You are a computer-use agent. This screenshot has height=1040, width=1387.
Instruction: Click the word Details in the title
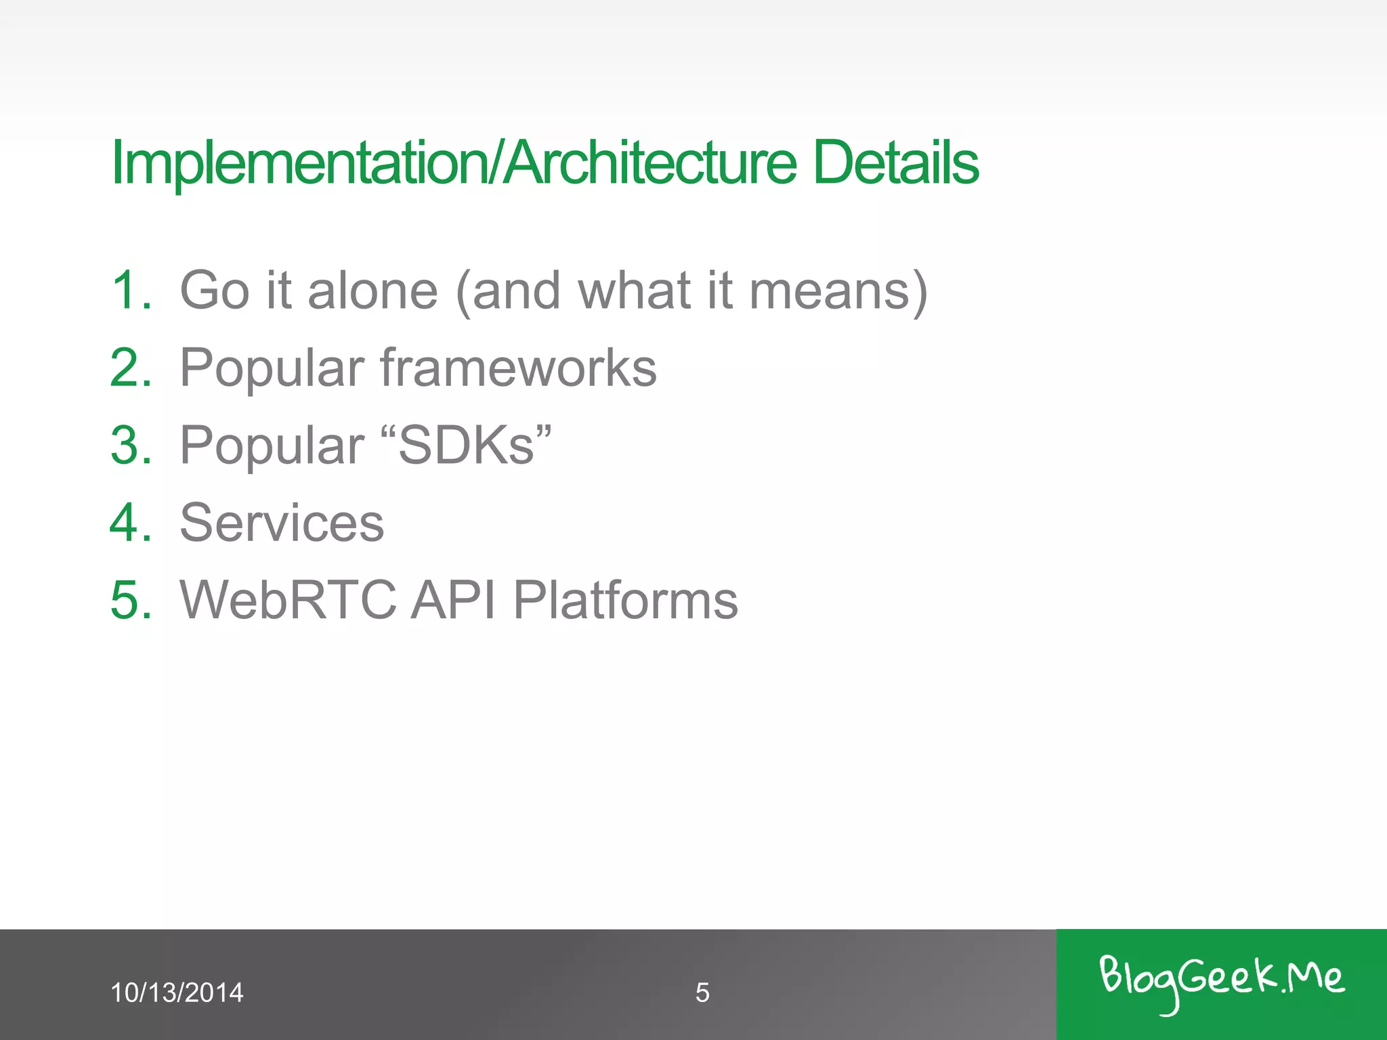pos(895,162)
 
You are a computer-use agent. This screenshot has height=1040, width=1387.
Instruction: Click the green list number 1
pos(131,290)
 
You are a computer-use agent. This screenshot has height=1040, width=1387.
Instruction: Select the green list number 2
pos(131,368)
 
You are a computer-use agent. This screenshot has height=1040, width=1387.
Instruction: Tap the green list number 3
pos(131,446)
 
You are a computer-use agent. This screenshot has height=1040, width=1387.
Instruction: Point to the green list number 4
pos(131,523)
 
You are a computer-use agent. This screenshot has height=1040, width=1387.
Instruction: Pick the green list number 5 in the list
pos(131,600)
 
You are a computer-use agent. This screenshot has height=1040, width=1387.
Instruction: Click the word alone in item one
pos(372,290)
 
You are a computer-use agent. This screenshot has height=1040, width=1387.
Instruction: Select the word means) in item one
pos(838,290)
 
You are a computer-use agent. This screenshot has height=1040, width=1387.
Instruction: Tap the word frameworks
pos(518,368)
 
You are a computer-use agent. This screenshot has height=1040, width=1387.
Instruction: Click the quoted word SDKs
pos(467,446)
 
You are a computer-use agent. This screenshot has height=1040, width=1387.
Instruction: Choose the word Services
pos(282,523)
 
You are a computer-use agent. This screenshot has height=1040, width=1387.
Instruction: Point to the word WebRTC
pos(288,600)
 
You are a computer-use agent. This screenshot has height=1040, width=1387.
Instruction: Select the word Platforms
pos(625,600)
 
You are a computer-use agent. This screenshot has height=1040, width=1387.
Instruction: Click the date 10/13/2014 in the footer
pos(176,993)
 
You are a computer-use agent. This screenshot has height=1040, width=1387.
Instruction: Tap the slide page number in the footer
pos(702,993)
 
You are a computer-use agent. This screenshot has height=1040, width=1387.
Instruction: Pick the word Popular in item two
pos(272,368)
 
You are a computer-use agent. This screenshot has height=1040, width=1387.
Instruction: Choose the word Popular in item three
pos(272,446)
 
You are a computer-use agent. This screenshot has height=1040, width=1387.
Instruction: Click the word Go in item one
pos(215,290)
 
